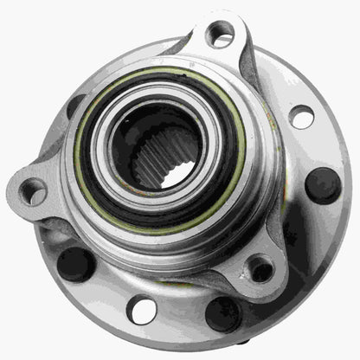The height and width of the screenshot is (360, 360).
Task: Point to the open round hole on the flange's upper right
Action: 302,116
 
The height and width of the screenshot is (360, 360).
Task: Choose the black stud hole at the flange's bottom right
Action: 223,314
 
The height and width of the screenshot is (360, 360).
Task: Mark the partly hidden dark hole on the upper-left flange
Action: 75,105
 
